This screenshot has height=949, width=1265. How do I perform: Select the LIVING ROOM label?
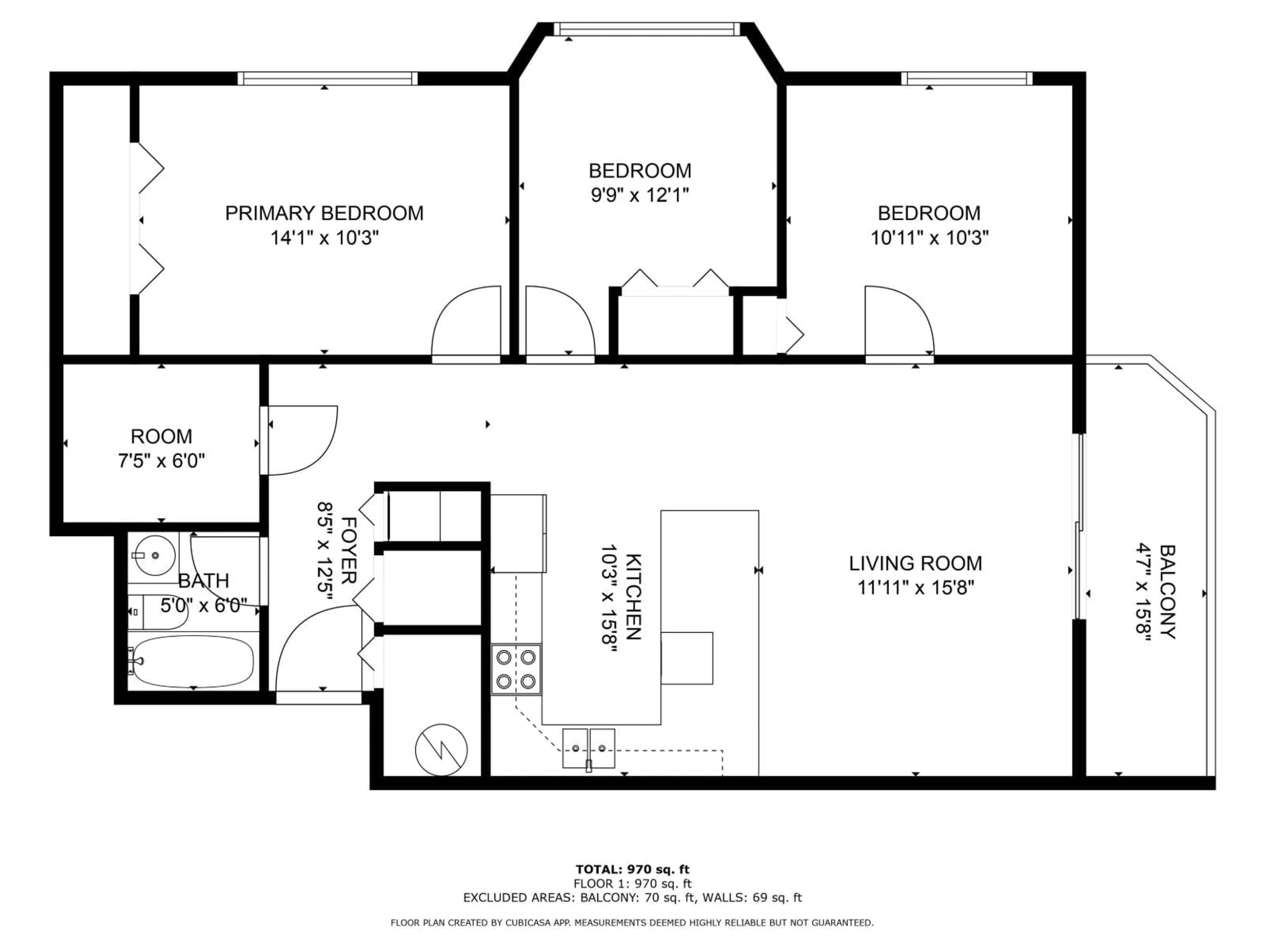coord(915,563)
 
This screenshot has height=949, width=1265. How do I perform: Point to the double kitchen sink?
coord(588,748)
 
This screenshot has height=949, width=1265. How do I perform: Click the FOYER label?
coord(349,550)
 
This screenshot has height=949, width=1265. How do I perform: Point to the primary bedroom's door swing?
coord(466,323)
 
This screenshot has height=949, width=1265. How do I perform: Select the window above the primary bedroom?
coord(327,78)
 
